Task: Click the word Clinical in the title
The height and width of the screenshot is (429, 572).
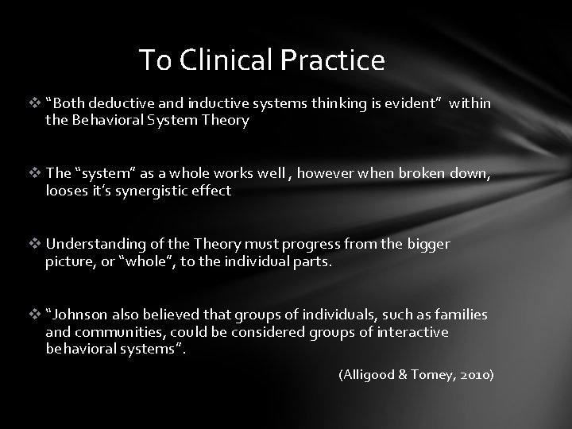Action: (215, 60)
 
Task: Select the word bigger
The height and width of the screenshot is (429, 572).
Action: (428, 244)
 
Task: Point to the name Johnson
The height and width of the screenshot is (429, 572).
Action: (79, 315)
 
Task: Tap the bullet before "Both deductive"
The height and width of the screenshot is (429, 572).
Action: (36, 104)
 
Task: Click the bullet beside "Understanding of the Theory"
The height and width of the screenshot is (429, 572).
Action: (36, 244)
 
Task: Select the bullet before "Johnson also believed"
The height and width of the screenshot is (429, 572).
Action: (36, 315)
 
